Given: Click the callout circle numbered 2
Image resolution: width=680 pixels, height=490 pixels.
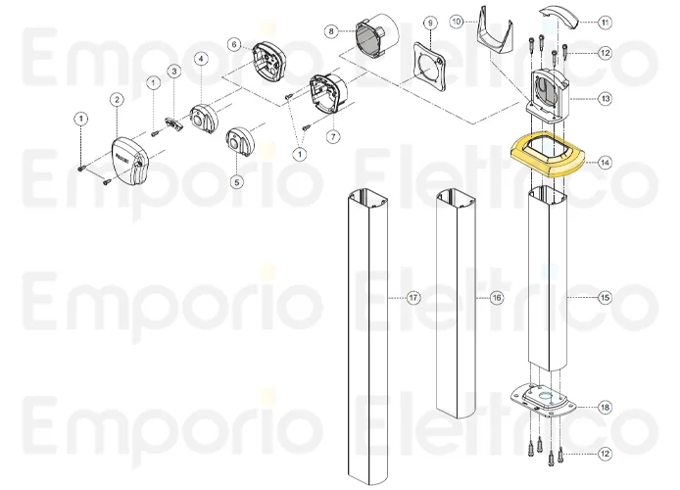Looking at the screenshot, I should [117, 100].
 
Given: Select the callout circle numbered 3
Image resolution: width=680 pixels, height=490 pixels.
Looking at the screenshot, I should [172, 72].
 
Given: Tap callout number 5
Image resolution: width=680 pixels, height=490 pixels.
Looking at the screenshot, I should [236, 181].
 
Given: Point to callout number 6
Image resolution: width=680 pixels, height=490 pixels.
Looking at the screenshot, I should [234, 44].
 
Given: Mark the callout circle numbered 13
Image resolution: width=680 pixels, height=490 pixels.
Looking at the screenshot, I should [605, 98].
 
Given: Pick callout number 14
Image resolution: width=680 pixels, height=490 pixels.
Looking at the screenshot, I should [605, 163].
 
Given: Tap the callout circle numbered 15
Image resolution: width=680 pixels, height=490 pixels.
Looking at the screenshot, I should [605, 296].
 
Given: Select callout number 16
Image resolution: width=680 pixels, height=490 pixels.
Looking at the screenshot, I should [497, 296].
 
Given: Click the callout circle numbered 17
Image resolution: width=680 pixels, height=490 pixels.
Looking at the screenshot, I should [413, 296].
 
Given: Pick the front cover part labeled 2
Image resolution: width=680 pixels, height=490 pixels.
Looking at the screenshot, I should [131, 160].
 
